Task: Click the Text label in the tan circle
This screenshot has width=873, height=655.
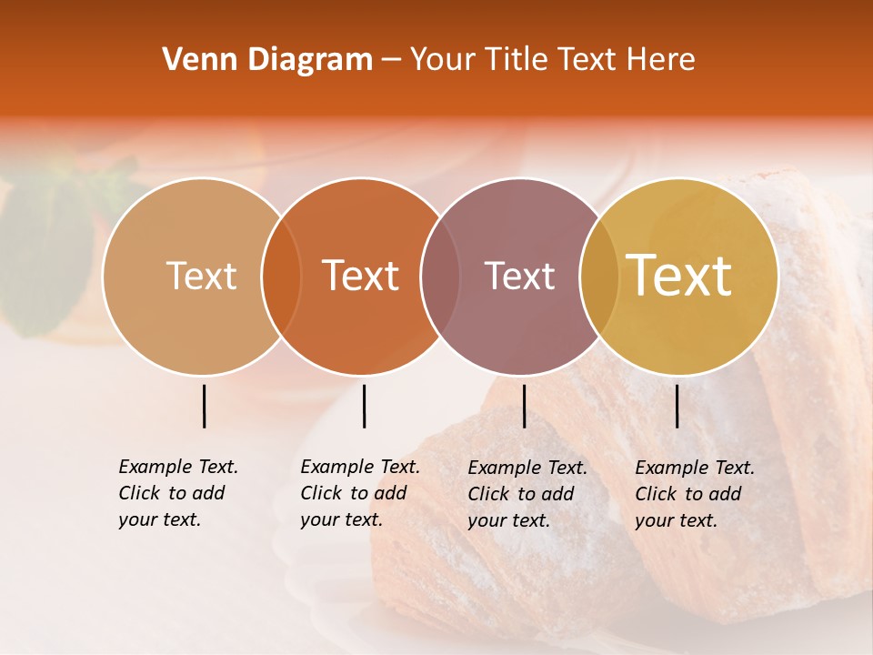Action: [x=201, y=276]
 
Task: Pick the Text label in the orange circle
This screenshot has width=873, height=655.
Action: [x=361, y=276]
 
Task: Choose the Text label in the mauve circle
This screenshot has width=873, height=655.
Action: [x=520, y=276]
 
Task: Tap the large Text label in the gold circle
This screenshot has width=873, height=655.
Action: [x=679, y=275]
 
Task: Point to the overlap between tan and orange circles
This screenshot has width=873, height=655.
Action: [x=281, y=276]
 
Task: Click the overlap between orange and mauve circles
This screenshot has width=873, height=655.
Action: [x=440, y=276]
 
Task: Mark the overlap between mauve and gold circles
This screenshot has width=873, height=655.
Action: [x=599, y=276]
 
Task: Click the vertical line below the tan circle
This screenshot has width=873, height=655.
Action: [x=205, y=406]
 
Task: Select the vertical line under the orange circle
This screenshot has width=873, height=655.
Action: [x=364, y=406]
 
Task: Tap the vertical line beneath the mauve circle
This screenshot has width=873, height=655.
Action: [x=524, y=406]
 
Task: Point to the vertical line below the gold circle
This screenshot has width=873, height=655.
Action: [x=677, y=406]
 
